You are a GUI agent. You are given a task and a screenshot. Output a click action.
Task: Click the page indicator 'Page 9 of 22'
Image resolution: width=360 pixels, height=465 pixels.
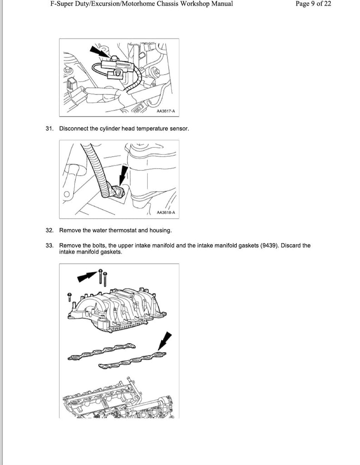(x=313, y=4)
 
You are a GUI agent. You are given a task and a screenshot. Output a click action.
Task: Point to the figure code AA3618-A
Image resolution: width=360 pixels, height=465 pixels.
(x=165, y=212)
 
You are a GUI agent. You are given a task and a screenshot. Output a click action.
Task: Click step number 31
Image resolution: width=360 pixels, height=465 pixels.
(x=49, y=129)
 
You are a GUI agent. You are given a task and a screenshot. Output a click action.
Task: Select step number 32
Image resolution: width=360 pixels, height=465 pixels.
(x=49, y=230)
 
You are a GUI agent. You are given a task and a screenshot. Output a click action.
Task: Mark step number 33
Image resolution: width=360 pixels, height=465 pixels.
(x=49, y=246)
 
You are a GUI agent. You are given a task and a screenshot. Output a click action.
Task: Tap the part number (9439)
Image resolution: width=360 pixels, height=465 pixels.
(x=269, y=246)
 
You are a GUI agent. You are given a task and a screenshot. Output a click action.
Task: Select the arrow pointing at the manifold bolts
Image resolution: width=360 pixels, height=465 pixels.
(x=86, y=276)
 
